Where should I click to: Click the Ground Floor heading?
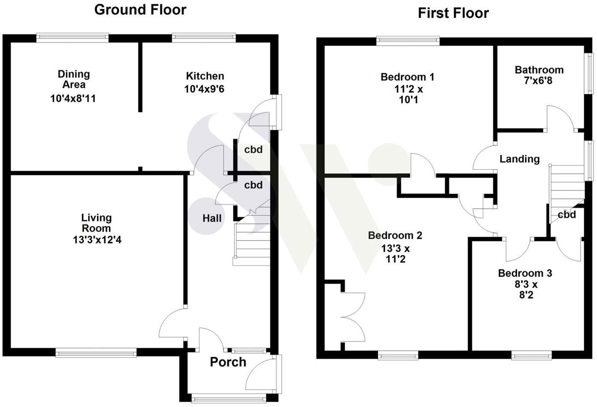140,10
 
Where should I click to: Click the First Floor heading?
453,13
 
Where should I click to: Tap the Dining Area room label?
74,79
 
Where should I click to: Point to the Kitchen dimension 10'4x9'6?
204,89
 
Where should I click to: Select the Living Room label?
96,223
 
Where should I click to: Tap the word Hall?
212,218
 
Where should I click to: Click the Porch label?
228,362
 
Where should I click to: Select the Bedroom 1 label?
407,77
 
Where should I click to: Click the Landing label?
520,159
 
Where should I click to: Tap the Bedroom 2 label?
395,235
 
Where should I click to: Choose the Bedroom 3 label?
525,273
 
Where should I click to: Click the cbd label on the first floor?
566,215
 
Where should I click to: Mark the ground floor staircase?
251,243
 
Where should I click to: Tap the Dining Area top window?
72,38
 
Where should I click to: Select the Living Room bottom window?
96,353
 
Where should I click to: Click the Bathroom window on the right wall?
589,73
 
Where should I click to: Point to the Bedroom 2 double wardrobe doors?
353,317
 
